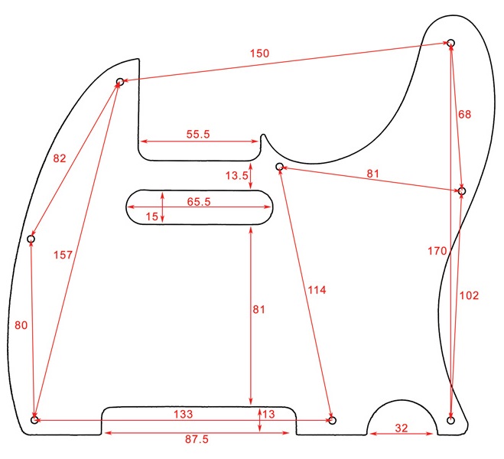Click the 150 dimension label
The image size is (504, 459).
click(x=259, y=53)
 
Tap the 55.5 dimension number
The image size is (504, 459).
click(x=198, y=134)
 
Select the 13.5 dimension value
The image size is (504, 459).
click(x=237, y=175)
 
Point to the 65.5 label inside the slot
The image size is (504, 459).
click(x=198, y=202)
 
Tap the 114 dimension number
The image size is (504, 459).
click(x=317, y=290)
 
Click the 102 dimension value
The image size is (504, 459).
click(x=470, y=295)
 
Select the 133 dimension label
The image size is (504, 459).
click(x=181, y=413)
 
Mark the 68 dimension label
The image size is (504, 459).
click(x=465, y=115)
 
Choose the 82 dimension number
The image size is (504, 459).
click(x=60, y=158)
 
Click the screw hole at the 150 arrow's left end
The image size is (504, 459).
click(x=120, y=81)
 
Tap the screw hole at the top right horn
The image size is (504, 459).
click(x=451, y=42)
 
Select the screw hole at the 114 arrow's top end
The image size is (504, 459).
click(x=280, y=166)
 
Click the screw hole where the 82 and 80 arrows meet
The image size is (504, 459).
click(x=31, y=239)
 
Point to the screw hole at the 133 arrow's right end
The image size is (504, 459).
click(x=332, y=420)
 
